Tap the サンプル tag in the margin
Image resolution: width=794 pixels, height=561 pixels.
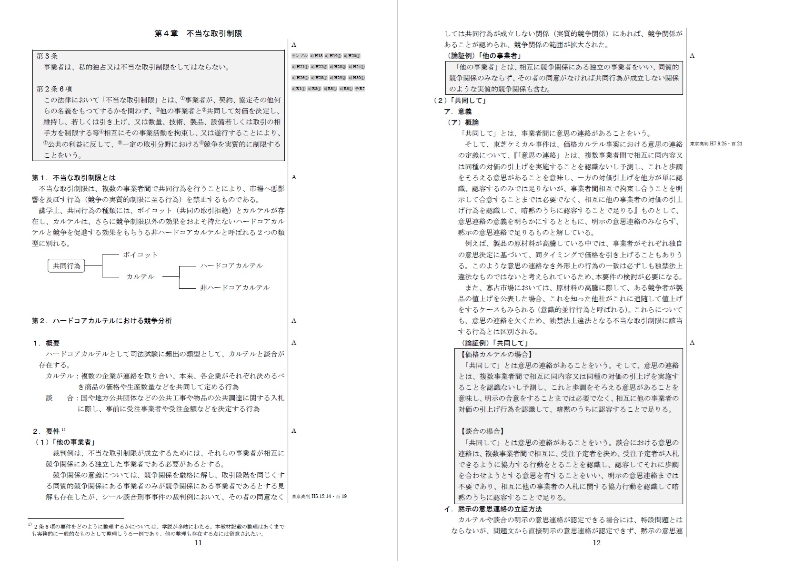pos(300,56)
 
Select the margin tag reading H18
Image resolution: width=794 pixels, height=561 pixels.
pos(316,56)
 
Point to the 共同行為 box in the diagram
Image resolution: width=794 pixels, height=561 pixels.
pos(67,265)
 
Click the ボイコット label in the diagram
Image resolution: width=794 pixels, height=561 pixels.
pos(140,255)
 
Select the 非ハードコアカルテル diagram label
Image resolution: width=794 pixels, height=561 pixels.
pos(235,287)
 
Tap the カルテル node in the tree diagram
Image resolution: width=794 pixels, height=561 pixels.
pos(140,276)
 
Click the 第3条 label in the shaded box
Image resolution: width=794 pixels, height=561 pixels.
pos(47,56)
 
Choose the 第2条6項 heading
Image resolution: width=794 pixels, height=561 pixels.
pos(54,89)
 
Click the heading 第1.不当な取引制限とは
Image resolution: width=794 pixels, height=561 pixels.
pos(74,177)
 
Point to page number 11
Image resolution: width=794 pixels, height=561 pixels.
pos(199,542)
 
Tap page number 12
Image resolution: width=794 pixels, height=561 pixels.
pos(596,542)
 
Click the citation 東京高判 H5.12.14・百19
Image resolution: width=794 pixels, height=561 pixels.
pos(319,497)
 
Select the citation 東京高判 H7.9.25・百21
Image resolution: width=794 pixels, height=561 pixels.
pos(716,143)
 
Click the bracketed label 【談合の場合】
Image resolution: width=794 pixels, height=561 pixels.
pos(481,431)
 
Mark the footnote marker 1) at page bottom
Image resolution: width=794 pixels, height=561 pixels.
pos(30,525)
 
